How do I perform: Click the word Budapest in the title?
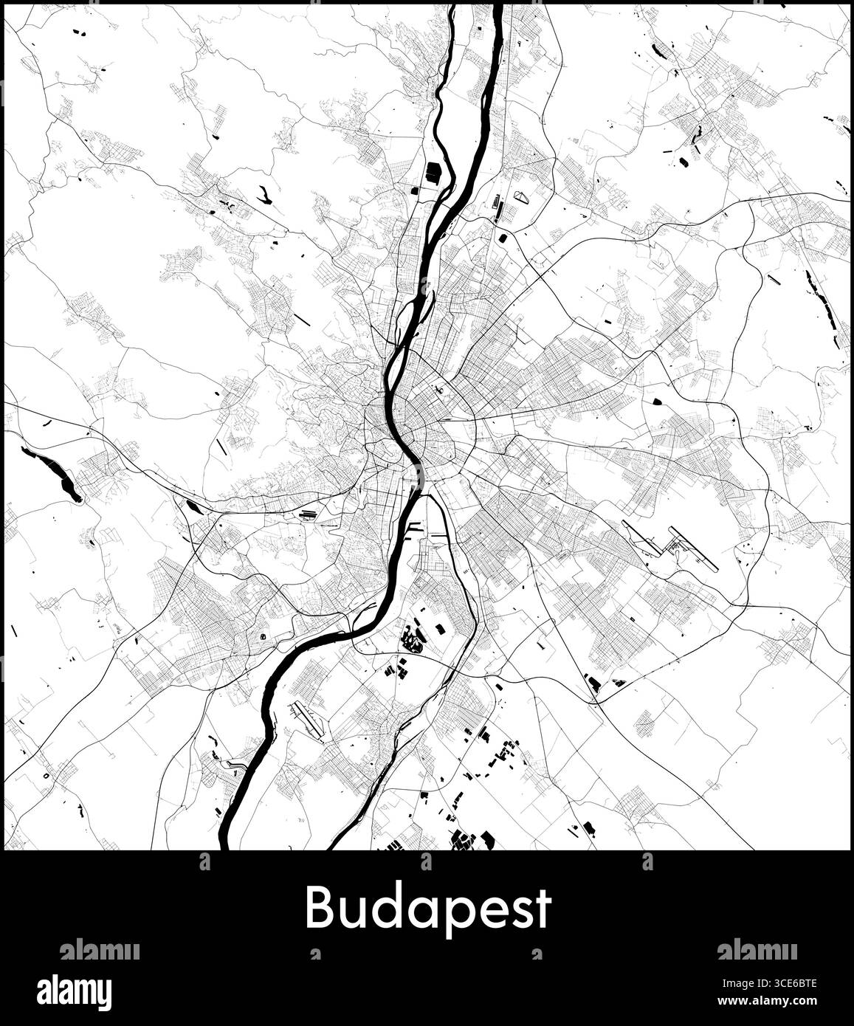pyautogui.click(x=428, y=908)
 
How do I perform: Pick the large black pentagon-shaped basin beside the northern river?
pyautogui.click(x=433, y=172)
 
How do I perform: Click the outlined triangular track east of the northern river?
pyautogui.click(x=523, y=197)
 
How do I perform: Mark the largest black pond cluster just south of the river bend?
pyautogui.click(x=411, y=638)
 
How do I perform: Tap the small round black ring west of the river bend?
pyautogui.click(x=264, y=635)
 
